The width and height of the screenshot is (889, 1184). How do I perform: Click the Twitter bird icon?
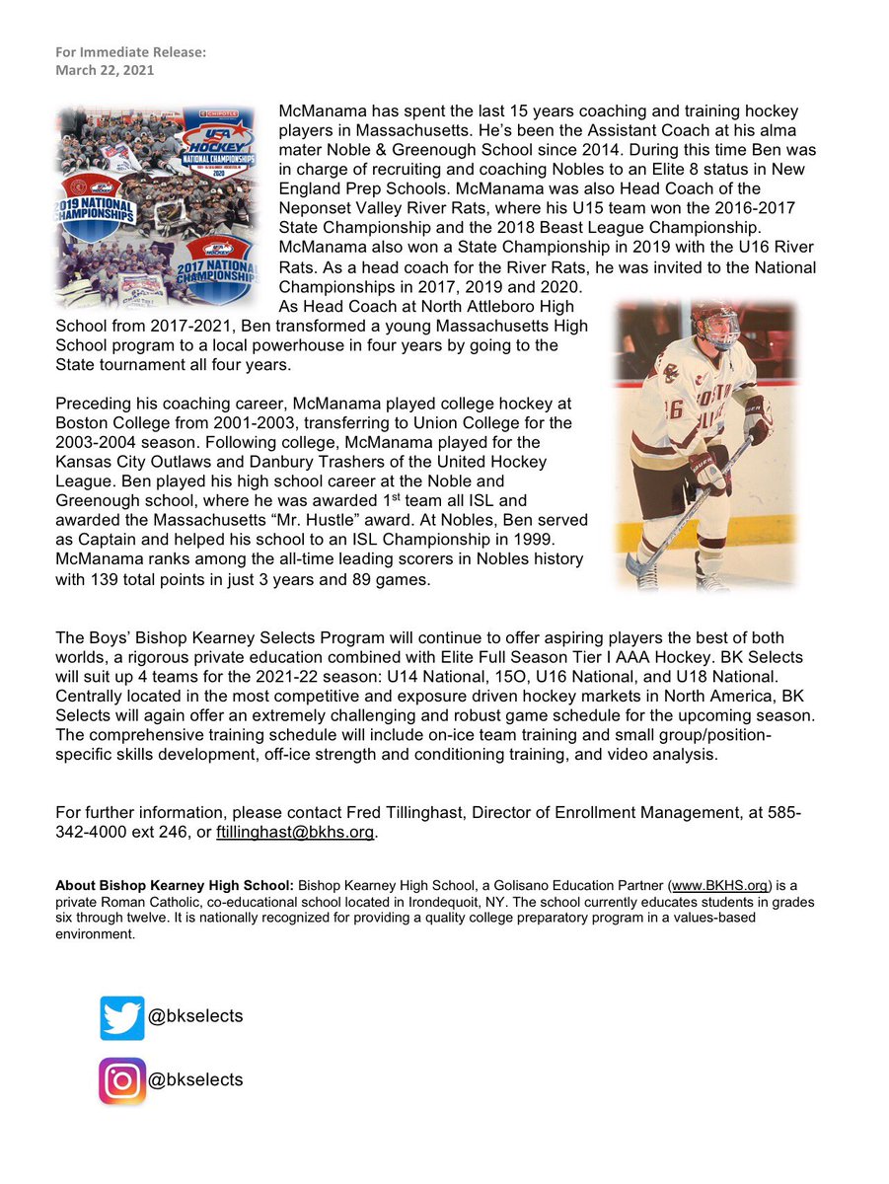coord(122,1017)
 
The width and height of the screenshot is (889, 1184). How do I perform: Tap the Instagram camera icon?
coord(122,1080)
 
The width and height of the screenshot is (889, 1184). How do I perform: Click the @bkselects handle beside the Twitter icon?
coord(195,1016)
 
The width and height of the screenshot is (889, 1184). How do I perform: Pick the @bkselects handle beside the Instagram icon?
coord(195,1079)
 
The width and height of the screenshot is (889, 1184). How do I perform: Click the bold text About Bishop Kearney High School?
coord(175,885)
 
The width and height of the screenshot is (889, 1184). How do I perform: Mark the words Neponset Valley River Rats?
coord(375,208)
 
